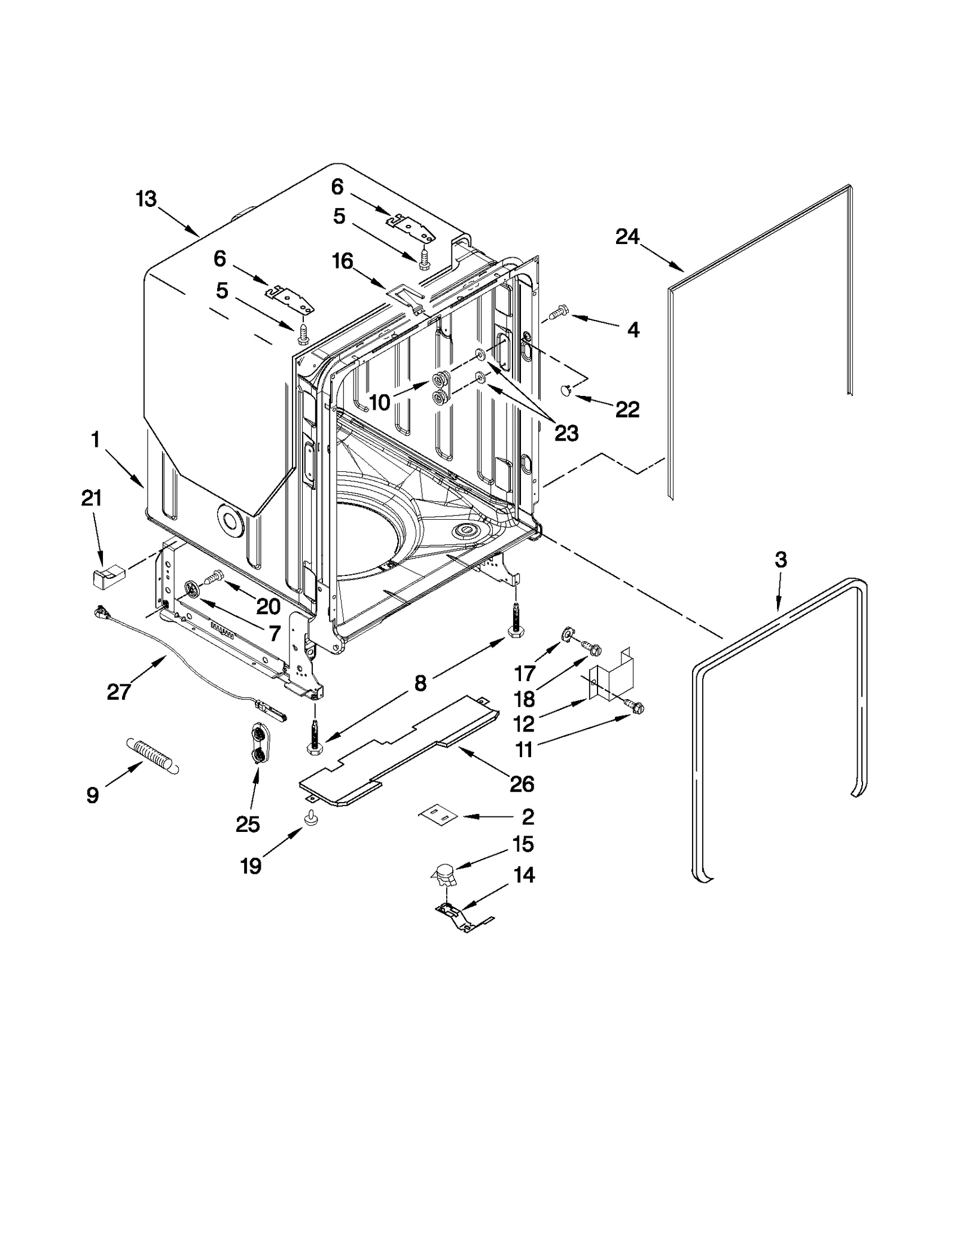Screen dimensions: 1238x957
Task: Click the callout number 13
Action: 146,199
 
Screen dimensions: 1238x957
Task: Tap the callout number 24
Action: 627,237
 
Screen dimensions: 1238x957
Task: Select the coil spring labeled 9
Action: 153,756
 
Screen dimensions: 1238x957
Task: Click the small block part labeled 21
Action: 106,578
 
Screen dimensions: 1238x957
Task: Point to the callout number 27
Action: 118,692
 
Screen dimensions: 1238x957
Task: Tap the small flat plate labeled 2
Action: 438,815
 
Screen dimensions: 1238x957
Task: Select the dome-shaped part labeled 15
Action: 444,877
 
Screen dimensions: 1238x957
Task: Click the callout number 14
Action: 524,876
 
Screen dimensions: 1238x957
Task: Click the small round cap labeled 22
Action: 565,391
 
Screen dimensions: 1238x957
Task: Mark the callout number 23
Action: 566,433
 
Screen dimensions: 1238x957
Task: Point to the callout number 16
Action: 343,261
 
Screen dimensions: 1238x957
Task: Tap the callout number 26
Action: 522,783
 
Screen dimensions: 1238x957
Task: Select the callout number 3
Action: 781,560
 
